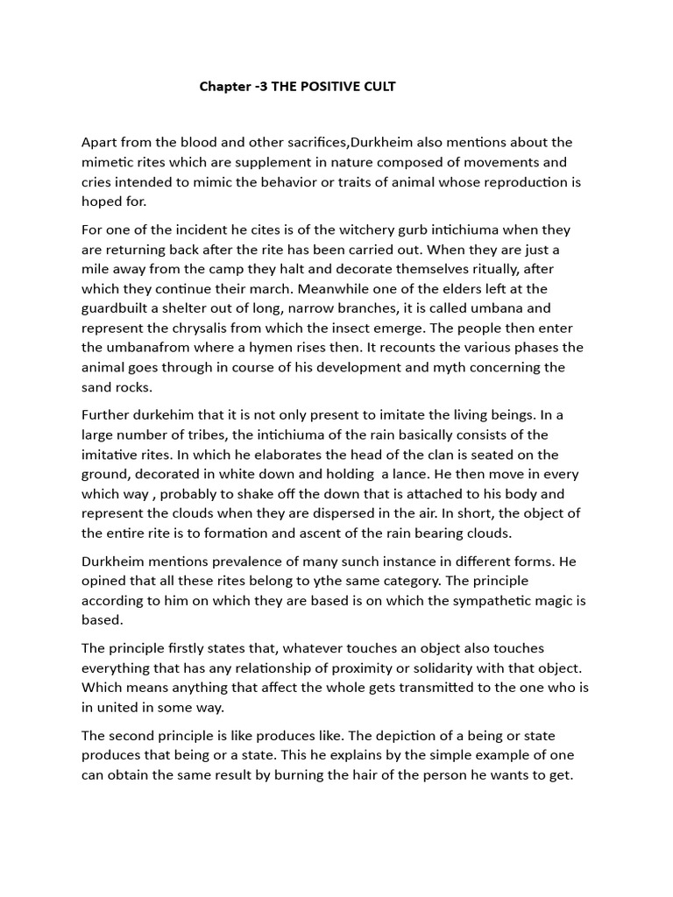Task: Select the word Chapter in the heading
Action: coord(224,87)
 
